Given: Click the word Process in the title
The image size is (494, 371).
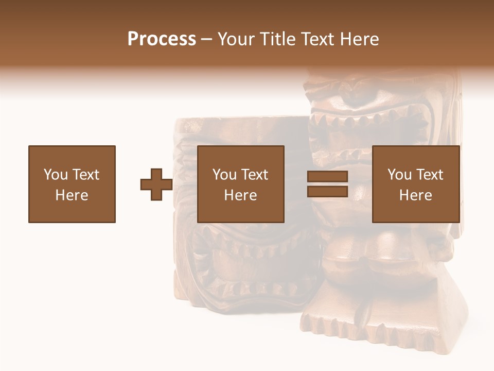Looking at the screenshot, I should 162,39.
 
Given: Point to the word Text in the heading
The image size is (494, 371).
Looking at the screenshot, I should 319,39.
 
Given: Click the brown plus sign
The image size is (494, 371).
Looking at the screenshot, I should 156,184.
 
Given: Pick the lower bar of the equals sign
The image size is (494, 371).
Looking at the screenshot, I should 328,191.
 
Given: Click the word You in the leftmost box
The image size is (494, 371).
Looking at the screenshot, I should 56,175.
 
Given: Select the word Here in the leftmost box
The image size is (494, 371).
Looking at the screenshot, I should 72,195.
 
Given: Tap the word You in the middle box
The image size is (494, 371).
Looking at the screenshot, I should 224,175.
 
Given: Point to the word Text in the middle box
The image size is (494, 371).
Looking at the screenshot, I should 254,175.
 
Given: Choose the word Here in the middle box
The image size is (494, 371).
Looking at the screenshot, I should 240,195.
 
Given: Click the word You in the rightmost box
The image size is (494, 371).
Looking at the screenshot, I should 399,175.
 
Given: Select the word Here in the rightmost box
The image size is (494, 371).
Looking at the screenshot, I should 415,195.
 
